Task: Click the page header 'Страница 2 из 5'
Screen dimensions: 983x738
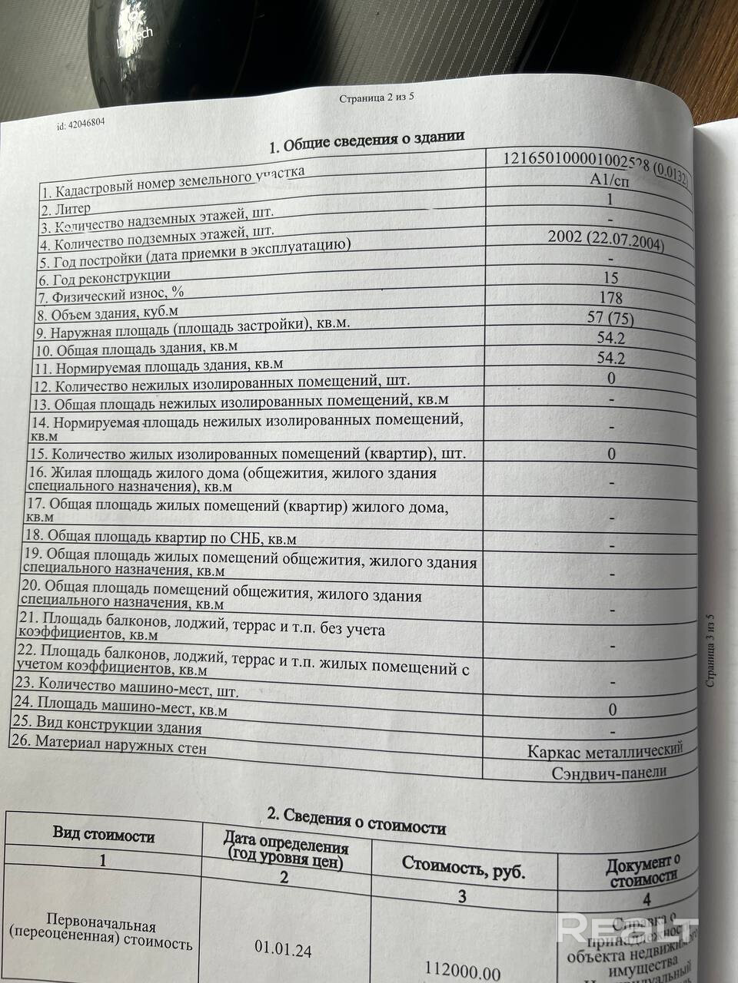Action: point(376,98)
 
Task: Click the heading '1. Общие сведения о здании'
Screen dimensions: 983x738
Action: point(366,141)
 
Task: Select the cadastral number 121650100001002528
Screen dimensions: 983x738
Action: point(576,161)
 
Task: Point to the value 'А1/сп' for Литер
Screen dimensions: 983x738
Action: point(607,181)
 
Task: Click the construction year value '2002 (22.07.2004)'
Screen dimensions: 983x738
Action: point(607,239)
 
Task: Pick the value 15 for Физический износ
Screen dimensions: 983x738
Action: point(610,278)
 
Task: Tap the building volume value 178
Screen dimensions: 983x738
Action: point(610,298)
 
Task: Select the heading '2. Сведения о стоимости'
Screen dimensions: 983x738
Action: point(356,821)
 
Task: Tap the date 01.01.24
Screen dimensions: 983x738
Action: point(283,951)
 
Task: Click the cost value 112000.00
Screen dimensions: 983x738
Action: point(462,971)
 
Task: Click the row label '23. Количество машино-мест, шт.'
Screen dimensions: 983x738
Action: point(127,686)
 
